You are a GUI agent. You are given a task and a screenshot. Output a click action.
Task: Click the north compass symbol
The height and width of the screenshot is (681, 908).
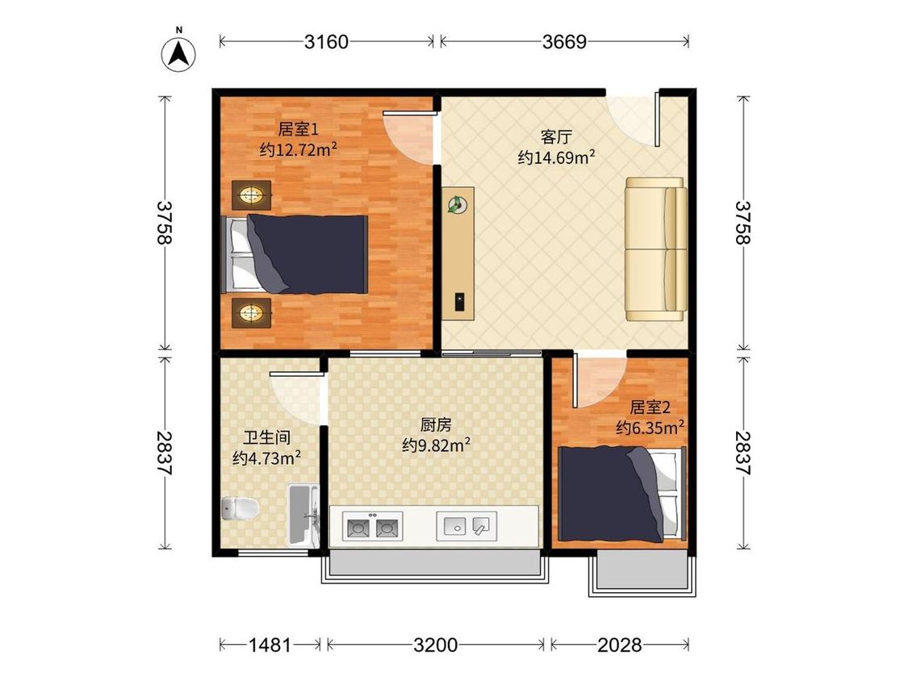pos(178,53)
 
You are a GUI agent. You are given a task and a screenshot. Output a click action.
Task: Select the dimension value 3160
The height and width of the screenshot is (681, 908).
pos(327,42)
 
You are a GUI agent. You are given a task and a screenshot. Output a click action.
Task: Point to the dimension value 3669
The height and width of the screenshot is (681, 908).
pos(564,42)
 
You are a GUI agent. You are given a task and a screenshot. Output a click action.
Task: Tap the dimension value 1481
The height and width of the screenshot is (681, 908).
pos(270,645)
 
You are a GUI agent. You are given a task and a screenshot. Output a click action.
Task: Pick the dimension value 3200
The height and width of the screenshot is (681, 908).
pos(436,645)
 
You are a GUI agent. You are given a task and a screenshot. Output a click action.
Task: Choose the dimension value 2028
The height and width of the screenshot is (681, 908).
pos(620,645)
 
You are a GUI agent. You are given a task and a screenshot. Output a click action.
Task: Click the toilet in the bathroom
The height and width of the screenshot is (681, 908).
pos(240,508)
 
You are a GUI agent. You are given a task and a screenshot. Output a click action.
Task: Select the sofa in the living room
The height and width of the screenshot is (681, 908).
pos(656,249)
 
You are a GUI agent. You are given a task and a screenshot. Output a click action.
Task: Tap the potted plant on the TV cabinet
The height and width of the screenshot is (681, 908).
pos(457,204)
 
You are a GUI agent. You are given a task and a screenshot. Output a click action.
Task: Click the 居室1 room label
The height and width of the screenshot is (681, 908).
pos(298,128)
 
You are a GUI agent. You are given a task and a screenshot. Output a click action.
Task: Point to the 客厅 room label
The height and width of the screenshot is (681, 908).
pos(556,136)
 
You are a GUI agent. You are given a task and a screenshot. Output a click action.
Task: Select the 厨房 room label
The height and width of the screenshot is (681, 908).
pos(436,425)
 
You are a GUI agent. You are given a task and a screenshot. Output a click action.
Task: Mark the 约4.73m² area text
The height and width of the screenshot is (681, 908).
pos(266,457)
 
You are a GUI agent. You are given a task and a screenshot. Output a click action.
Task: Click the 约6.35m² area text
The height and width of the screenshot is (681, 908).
pos(650,428)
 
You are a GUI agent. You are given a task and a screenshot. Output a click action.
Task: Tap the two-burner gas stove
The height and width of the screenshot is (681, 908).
pos(372,526)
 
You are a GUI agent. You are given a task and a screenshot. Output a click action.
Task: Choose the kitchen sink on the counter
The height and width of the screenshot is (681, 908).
pos(467,526)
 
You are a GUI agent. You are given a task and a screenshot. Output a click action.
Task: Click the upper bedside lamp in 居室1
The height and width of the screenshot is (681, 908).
pos(251,195)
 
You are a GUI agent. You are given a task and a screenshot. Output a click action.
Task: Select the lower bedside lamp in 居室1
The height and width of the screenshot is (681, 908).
pos(251,313)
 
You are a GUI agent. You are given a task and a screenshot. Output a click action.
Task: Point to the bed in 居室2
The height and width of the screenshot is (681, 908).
pos(622,494)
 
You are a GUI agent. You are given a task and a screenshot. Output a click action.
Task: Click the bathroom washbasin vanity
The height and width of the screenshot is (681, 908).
pos(303,516)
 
